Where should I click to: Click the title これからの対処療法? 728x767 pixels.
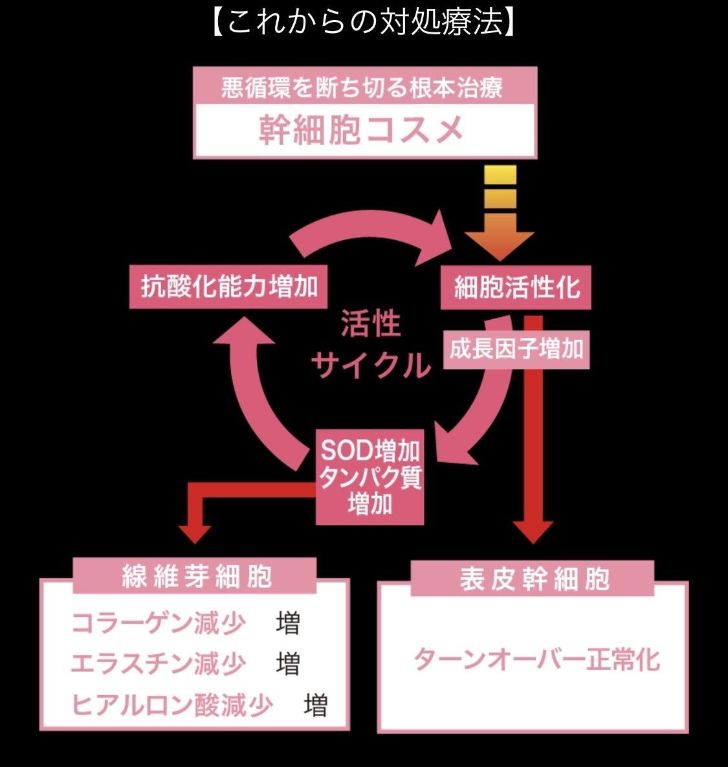[x=364, y=23]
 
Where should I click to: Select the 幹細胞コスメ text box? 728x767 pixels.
[x=364, y=129]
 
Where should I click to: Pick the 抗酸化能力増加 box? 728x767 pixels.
[x=228, y=286]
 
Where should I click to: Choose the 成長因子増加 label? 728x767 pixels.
[x=516, y=350]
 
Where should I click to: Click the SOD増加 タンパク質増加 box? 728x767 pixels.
[x=370, y=476]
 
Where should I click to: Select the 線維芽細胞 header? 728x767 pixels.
[x=195, y=576]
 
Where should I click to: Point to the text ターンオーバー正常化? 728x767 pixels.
[x=536, y=660]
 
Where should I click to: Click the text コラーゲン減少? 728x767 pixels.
[x=159, y=623]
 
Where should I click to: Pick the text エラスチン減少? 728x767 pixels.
[x=159, y=663]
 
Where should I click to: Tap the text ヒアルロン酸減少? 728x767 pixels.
[x=172, y=704]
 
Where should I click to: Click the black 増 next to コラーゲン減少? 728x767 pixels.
[x=288, y=623]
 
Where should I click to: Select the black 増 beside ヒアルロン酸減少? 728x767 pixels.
[x=316, y=704]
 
